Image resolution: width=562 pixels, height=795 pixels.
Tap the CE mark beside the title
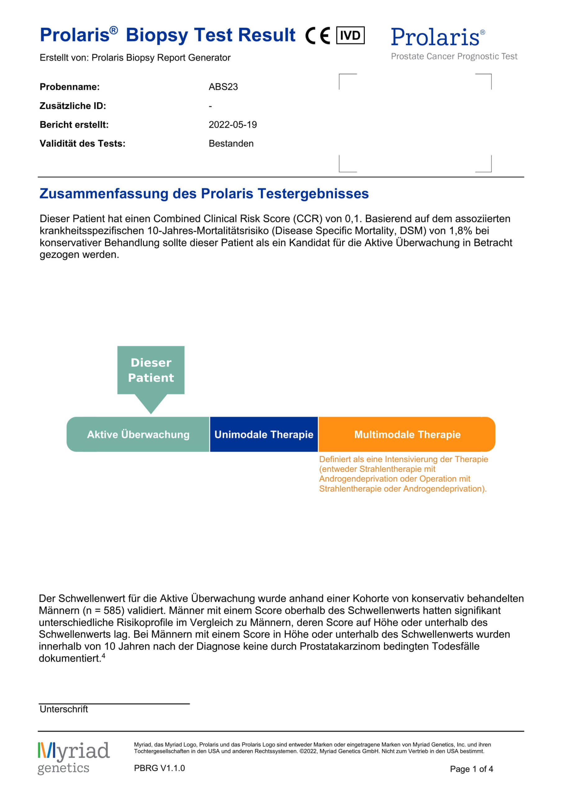click(318, 36)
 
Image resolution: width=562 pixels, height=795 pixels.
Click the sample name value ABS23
click(223, 87)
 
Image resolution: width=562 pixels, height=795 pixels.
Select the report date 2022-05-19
click(232, 125)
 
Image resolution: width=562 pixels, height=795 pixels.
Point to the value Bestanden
click(231, 143)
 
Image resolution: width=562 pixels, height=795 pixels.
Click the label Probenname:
click(70, 87)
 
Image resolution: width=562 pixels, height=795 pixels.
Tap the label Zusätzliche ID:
click(73, 106)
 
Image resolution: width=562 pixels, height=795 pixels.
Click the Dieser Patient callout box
click(151, 370)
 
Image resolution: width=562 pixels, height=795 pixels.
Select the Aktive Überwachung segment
click(138, 434)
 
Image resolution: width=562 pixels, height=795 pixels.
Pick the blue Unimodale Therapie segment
click(264, 434)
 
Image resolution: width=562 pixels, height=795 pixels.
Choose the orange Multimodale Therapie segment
click(407, 434)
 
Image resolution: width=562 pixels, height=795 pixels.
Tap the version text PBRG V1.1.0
click(159, 768)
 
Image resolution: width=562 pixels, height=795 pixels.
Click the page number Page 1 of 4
click(471, 769)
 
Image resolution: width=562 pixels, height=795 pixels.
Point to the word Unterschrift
click(64, 709)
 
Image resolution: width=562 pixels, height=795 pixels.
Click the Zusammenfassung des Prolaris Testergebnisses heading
click(204, 193)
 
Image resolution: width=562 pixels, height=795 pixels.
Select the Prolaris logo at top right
click(438, 37)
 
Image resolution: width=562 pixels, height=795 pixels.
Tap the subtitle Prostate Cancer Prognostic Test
click(454, 56)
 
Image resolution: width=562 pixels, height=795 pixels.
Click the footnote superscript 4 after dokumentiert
click(103, 656)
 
